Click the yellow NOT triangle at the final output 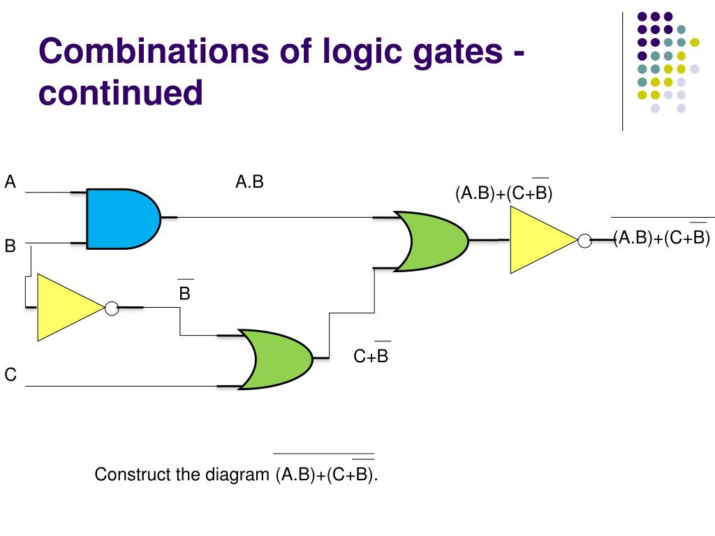point(540,240)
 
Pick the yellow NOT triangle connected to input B point(68,307)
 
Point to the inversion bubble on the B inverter point(111,307)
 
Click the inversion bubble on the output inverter point(584,240)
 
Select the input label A point(10,183)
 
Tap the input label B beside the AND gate point(10,246)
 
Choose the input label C point(10,375)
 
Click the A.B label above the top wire point(249,183)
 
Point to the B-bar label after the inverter point(185,292)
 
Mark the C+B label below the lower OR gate point(371,357)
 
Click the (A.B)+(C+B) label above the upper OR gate point(504,193)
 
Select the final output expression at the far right point(662,237)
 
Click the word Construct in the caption point(133,475)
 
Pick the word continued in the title point(120,93)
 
